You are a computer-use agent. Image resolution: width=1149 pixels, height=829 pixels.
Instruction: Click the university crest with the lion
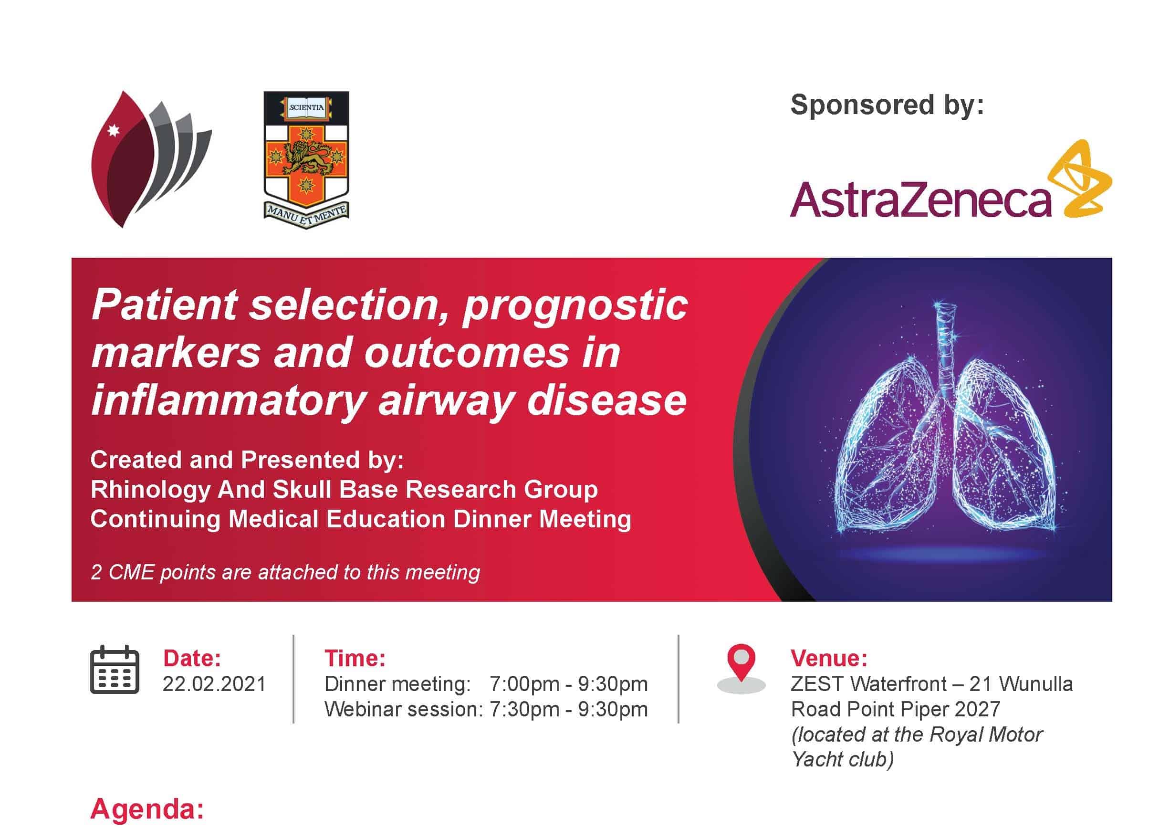(306, 159)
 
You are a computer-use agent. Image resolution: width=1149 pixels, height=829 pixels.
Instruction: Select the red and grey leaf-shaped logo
(151, 159)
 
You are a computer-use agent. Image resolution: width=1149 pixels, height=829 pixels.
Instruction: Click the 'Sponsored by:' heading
(887, 105)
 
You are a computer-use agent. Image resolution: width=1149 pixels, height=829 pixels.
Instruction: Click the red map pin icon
(741, 668)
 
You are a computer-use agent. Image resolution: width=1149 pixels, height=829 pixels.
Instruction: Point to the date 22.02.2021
(214, 684)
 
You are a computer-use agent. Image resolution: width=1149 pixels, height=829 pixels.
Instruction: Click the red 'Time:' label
(355, 658)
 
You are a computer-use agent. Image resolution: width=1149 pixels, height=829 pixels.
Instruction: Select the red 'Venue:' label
(829, 658)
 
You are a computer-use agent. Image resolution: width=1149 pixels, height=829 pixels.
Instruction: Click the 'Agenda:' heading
(147, 809)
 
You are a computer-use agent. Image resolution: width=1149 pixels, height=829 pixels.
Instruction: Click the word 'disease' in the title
(607, 400)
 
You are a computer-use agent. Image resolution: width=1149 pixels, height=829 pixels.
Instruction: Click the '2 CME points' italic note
(285, 573)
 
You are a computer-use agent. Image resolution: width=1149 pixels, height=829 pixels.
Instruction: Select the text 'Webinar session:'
(404, 709)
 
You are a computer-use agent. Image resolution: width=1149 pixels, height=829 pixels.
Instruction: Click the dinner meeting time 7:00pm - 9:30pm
(568, 684)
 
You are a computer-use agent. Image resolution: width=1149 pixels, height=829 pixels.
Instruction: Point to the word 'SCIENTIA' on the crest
(306, 107)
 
